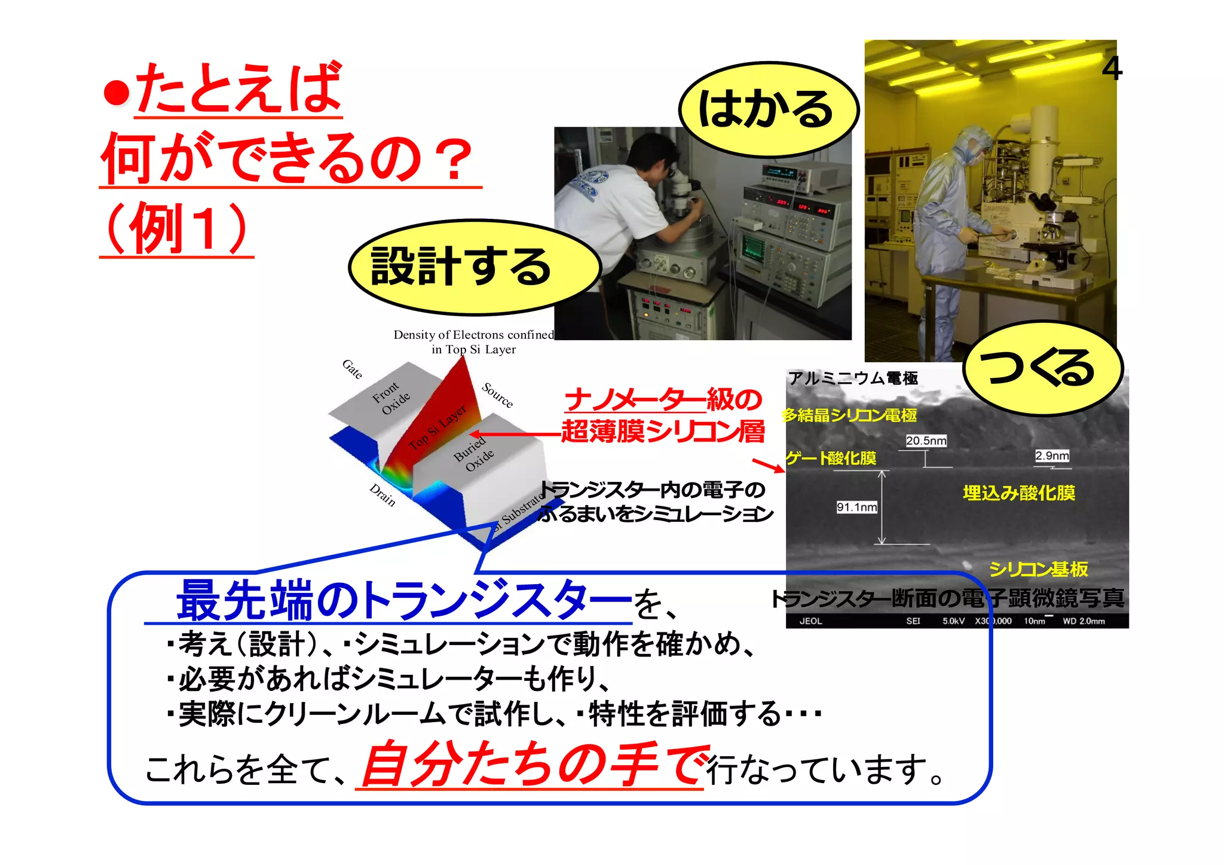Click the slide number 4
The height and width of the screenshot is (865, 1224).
point(1112,68)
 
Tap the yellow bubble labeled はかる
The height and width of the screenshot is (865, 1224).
point(767,109)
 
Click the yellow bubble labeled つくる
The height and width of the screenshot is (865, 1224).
point(1041,368)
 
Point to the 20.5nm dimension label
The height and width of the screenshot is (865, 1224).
point(926,441)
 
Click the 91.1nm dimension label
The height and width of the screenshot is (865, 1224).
point(856,508)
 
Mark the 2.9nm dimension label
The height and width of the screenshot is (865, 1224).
point(1052,456)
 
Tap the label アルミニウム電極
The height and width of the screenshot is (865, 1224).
point(853,378)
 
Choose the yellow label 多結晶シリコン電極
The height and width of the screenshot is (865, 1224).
point(849,415)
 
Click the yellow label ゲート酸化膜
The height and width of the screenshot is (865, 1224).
point(831,459)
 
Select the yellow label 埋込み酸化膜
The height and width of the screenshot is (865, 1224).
point(1018,493)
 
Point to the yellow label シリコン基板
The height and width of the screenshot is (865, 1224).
point(1038,569)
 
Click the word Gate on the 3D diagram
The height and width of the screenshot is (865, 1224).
point(352,369)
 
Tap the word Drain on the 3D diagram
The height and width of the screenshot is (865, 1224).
point(382,495)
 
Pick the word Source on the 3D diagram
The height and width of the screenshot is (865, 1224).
point(497,395)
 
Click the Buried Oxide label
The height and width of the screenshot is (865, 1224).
point(474,454)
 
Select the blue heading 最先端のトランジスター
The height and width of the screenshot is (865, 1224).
point(403,601)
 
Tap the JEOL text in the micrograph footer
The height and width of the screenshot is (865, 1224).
point(810,621)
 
